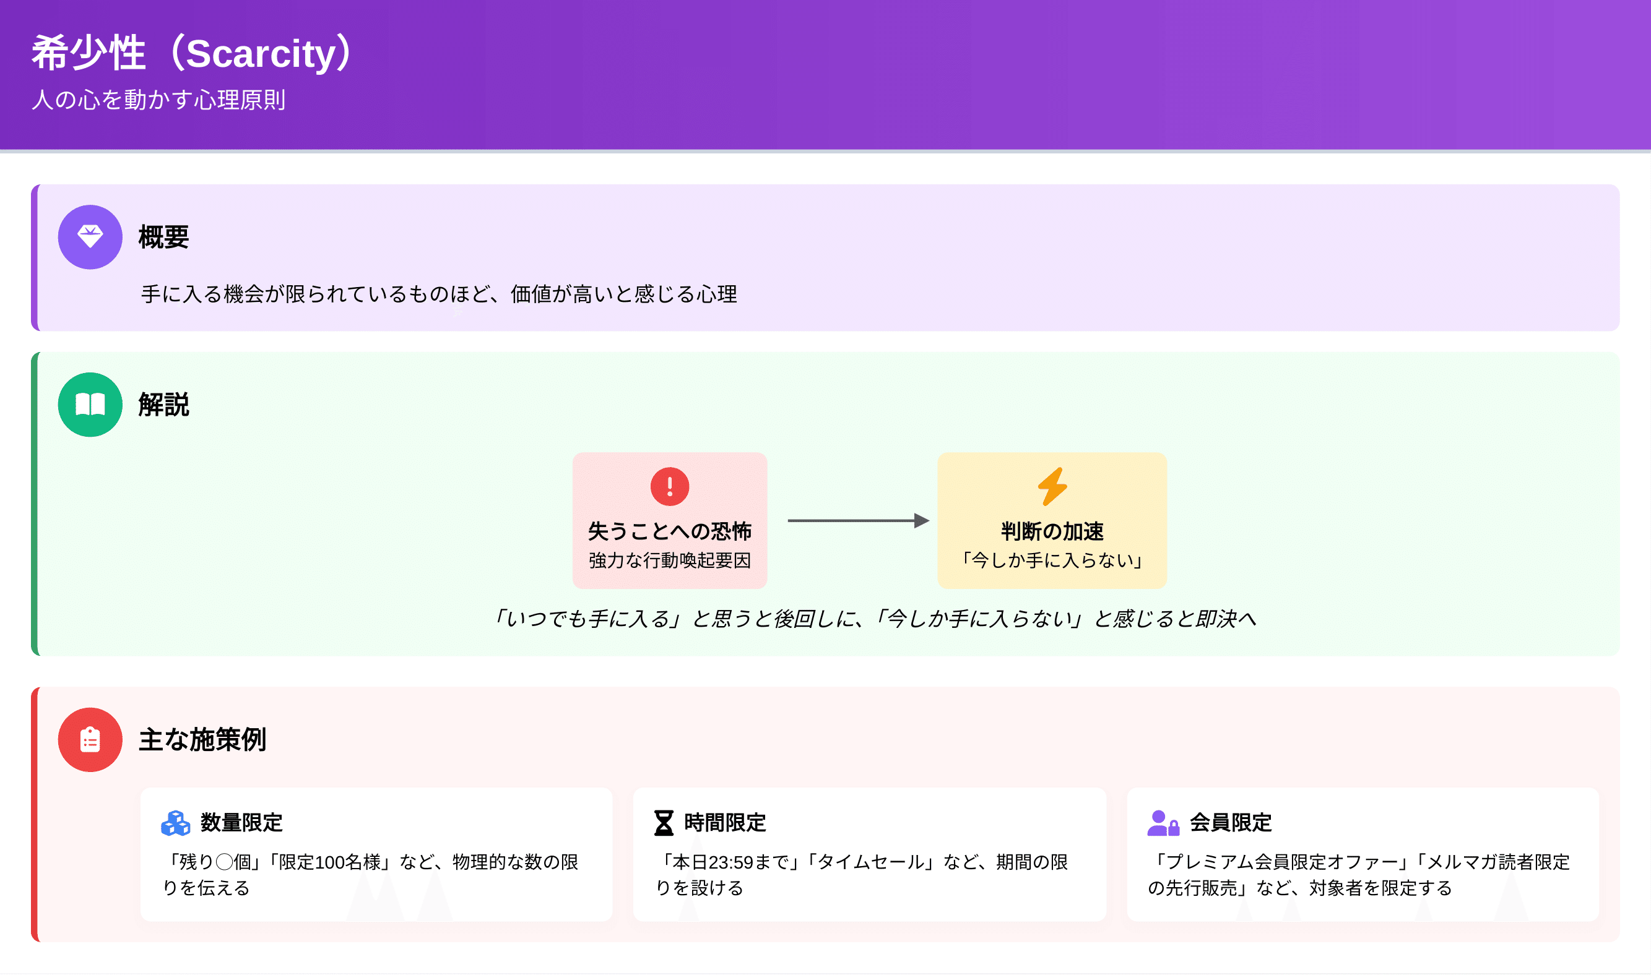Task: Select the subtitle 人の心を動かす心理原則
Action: click(158, 100)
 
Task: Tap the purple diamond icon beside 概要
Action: click(90, 236)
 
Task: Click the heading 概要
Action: click(163, 236)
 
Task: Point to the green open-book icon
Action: click(90, 404)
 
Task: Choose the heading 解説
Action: click(163, 404)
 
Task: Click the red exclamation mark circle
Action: click(670, 486)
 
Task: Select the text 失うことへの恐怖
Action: click(670, 530)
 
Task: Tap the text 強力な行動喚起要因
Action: click(670, 560)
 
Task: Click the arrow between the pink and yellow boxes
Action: click(859, 520)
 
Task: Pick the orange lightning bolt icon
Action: click(1052, 486)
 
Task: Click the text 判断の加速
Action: click(1052, 530)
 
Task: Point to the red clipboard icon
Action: click(90, 739)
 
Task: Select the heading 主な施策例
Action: click(202, 739)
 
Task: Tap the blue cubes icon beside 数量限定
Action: click(175, 823)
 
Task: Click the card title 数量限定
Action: click(241, 823)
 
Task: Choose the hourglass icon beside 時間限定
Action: click(664, 823)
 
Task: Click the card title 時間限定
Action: click(725, 823)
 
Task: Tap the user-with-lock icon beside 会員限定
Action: click(1163, 823)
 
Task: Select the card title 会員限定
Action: click(1231, 823)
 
